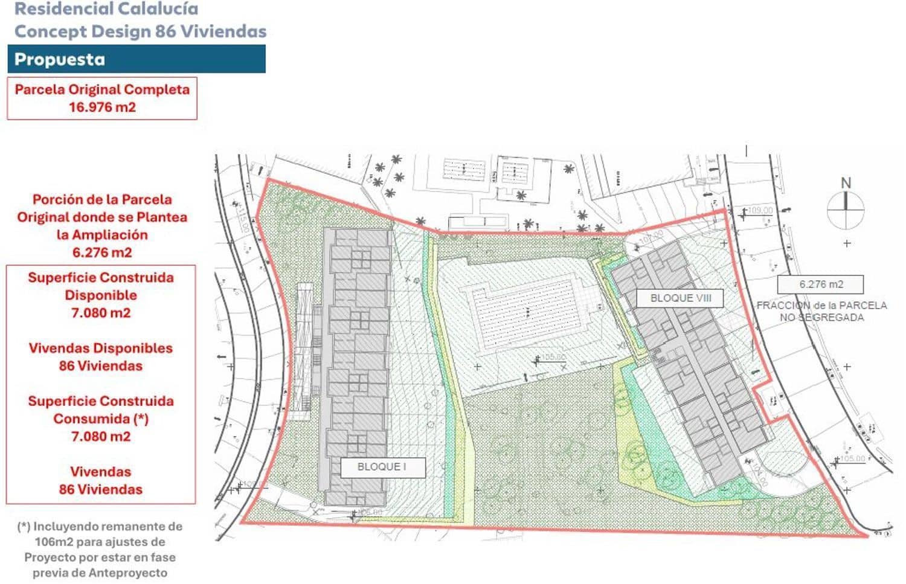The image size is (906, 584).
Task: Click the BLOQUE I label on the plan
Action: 382,467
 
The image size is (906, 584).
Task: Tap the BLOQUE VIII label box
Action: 680,298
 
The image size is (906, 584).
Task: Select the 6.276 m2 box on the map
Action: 820,284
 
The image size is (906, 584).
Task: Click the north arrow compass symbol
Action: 846,209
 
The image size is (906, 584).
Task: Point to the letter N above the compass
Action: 846,182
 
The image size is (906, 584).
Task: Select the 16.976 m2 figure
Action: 102,107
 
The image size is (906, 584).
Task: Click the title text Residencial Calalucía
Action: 106,9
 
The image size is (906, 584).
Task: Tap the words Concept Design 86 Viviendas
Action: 140,31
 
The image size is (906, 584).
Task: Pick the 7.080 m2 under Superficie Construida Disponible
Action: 101,313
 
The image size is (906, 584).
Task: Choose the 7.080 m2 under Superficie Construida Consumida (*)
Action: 101,436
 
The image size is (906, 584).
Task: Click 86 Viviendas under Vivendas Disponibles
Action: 101,366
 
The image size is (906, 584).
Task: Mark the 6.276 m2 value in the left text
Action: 102,252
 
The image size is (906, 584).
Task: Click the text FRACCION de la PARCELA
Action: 821,306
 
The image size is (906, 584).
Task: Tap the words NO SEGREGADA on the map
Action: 821,317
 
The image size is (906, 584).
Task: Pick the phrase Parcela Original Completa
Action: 102,89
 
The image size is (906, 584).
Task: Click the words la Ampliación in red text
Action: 102,234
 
